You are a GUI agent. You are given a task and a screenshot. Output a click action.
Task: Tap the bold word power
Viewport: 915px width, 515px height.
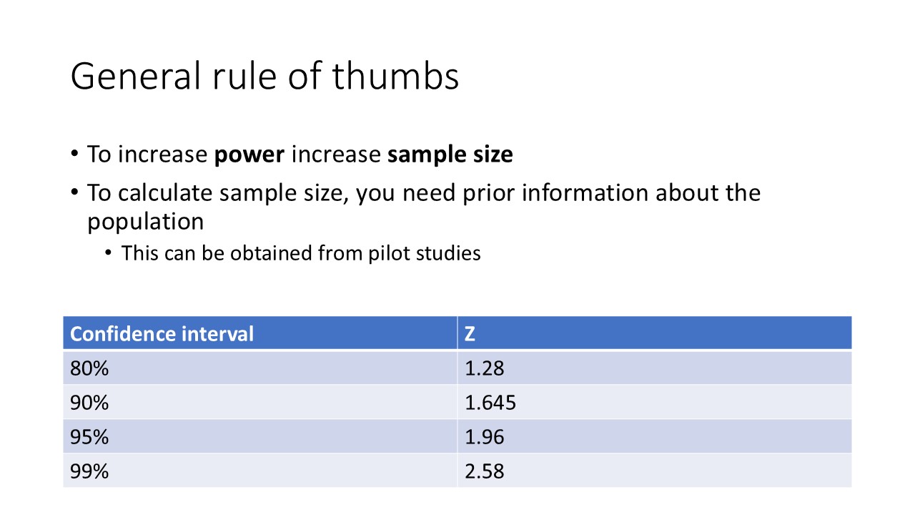coord(249,154)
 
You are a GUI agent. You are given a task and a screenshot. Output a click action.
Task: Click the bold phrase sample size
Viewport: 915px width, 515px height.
coord(450,154)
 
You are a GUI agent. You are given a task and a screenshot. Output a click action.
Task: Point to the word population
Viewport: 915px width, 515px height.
coord(145,222)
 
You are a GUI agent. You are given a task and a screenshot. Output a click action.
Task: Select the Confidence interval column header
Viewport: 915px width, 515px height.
coord(162,334)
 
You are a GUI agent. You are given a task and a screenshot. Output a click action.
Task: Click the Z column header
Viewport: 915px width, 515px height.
coord(470,334)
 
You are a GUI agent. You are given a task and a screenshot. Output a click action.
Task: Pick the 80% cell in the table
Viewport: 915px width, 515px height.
coord(89,368)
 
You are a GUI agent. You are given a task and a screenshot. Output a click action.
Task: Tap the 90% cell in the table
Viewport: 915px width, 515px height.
coord(89,403)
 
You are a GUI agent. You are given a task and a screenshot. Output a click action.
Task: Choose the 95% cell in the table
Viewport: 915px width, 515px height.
coord(89,437)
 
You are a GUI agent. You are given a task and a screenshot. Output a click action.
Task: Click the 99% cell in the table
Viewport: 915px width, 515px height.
coord(89,471)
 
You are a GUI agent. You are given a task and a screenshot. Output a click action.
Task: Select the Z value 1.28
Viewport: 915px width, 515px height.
coord(484,368)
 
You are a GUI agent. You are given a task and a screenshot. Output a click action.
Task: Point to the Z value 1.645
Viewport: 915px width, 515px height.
coord(490,403)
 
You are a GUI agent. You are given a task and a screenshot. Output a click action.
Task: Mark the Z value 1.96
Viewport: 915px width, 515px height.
coord(484,437)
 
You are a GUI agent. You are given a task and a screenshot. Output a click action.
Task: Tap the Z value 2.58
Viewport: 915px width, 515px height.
coord(484,471)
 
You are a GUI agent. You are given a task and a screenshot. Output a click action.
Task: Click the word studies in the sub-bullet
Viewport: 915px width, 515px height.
coord(448,253)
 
